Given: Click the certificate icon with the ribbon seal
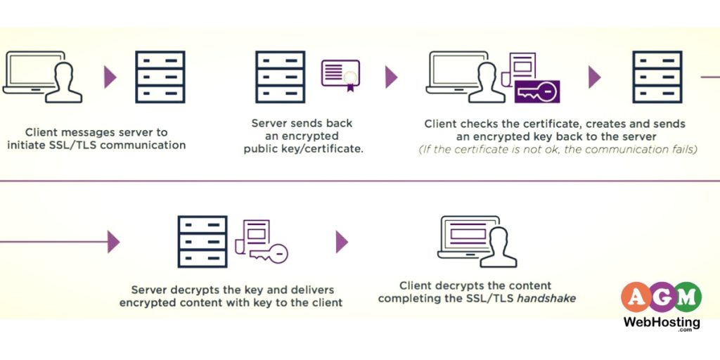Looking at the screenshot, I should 340,75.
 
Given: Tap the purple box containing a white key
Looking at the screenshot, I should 536,91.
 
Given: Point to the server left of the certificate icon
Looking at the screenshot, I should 280,77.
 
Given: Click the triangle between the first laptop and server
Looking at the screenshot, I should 110,77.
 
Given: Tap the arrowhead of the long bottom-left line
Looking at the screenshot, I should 113,242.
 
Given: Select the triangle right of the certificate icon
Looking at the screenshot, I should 391,77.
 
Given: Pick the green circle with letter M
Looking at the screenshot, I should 687,297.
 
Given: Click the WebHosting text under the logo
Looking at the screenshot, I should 662,323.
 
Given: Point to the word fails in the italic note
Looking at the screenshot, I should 680,150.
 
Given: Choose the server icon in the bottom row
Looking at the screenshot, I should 202,241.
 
